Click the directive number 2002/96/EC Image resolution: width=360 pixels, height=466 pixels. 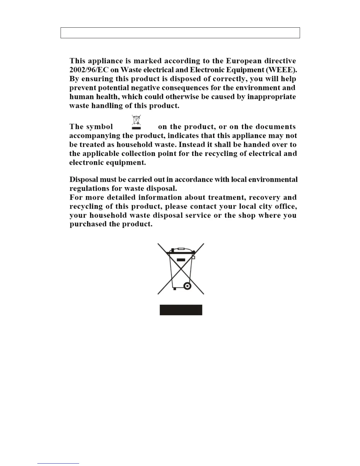tap(87, 70)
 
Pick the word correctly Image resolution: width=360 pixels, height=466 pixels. tap(230, 79)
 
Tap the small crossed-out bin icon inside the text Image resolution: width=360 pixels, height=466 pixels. tap(136, 122)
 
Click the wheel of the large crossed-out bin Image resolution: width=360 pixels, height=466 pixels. tap(187, 286)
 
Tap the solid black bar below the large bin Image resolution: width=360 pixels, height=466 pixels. tap(181, 310)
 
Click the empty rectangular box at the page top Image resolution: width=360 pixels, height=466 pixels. tap(180, 33)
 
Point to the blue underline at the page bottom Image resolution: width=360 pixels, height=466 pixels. tap(58, 463)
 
